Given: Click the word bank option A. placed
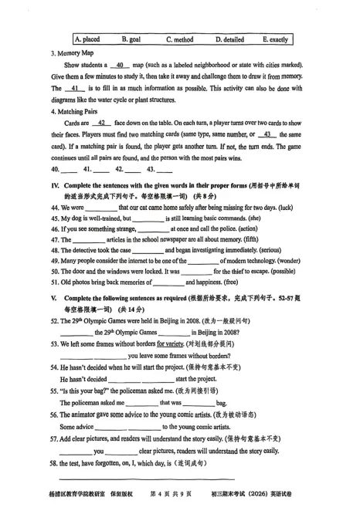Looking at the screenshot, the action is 87,39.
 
